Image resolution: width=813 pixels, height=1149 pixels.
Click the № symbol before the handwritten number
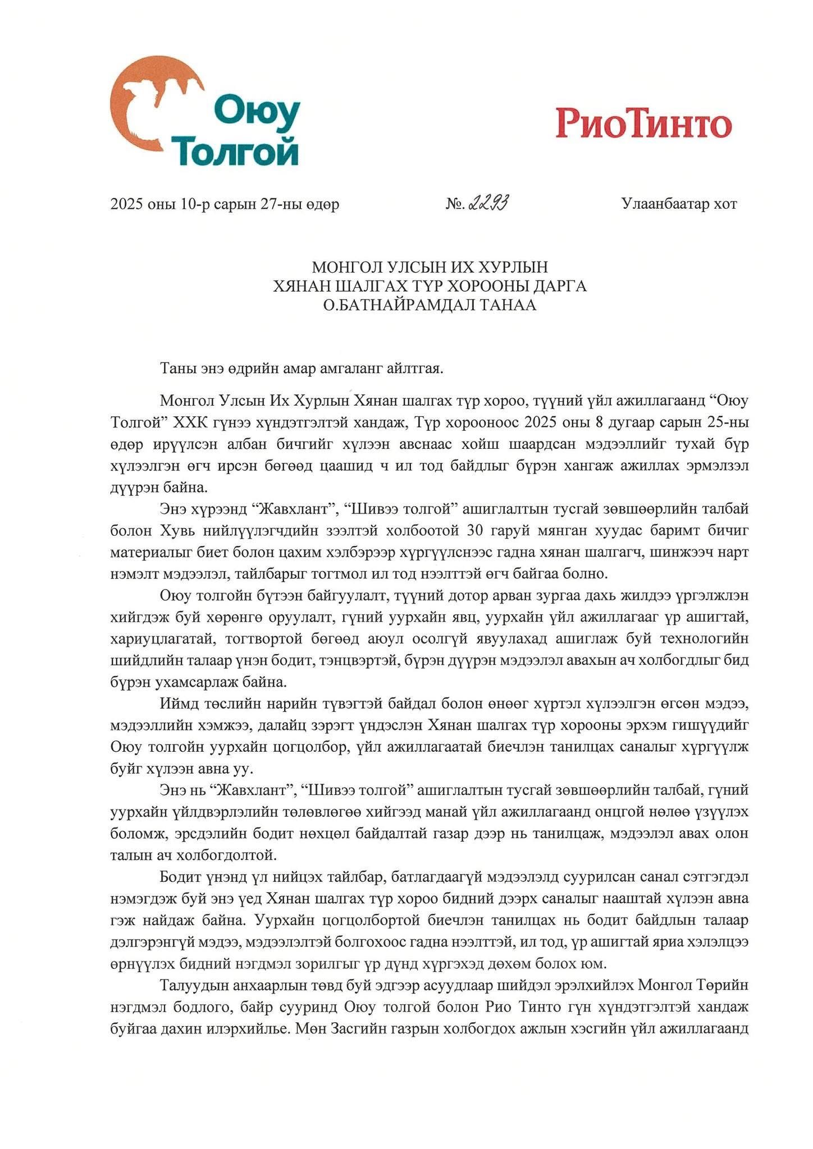454,205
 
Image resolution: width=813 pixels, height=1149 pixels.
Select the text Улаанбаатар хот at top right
679,204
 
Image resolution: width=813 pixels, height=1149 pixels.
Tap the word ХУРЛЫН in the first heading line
514,267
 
